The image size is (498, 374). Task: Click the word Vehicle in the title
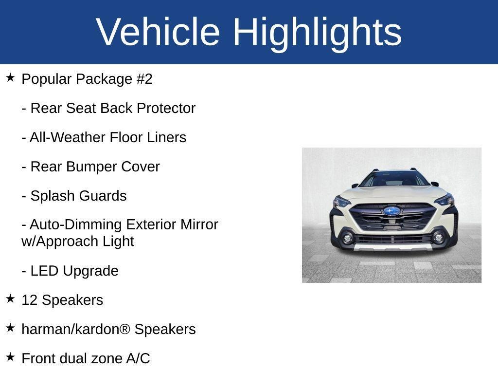point(158,32)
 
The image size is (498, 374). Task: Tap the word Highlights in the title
point(317,32)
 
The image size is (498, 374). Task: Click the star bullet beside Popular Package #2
point(10,77)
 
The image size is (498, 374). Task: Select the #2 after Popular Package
point(144,79)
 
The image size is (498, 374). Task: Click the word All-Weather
point(68,137)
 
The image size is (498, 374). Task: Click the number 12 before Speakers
point(29,300)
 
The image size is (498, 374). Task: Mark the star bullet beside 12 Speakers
point(10,299)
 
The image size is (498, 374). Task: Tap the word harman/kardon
point(71,329)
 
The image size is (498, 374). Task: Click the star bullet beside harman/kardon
point(10,328)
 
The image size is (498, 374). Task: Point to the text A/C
point(138,358)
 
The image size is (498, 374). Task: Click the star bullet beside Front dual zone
point(10,357)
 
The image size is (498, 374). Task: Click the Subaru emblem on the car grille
point(391,211)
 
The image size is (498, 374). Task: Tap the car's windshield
point(393,179)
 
